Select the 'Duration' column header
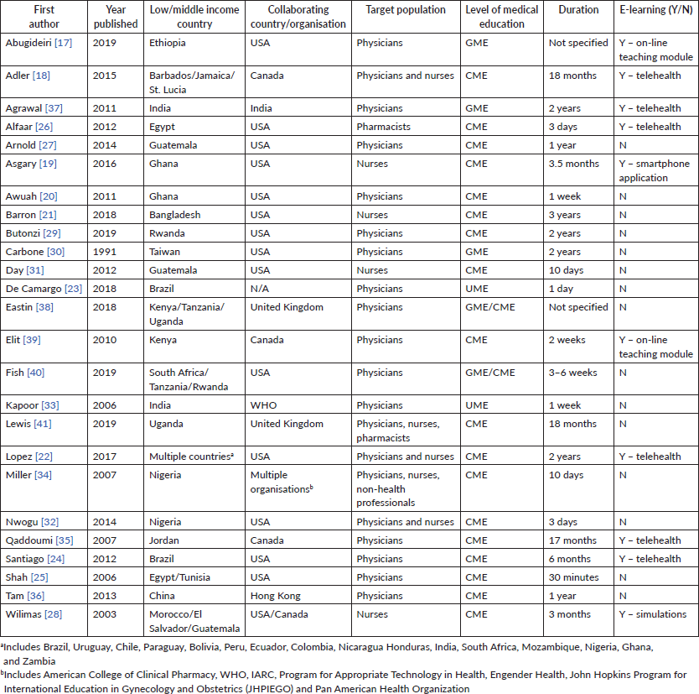pos(578,10)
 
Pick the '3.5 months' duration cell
pos(574,164)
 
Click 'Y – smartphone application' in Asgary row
pos(654,170)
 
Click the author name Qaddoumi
pos(29,540)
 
